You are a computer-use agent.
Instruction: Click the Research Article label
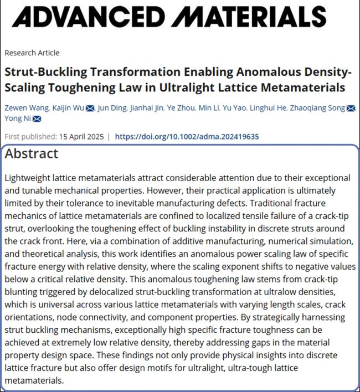click(32, 53)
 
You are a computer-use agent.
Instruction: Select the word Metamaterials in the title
click(304, 87)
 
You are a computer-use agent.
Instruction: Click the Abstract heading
click(32, 154)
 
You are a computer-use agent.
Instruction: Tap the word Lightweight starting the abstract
click(28, 178)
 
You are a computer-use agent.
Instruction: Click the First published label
click(26, 137)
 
